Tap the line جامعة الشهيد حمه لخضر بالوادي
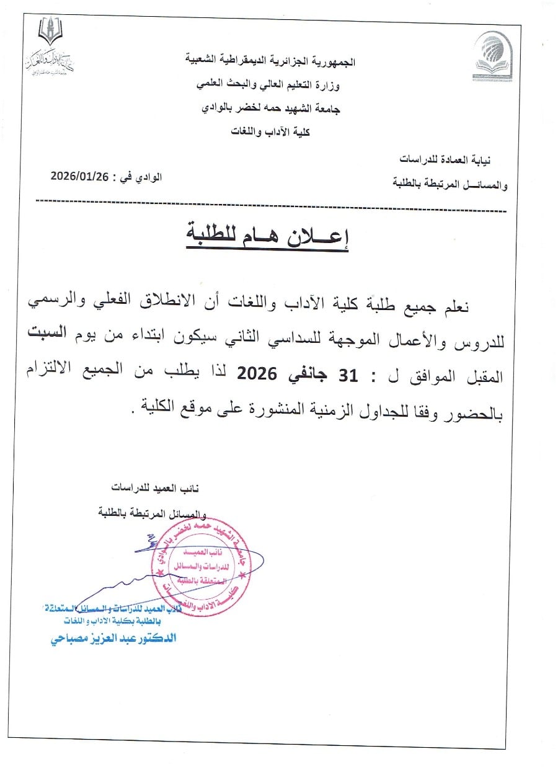[272, 108]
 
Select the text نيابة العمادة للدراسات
[451, 159]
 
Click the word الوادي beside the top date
[148, 176]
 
